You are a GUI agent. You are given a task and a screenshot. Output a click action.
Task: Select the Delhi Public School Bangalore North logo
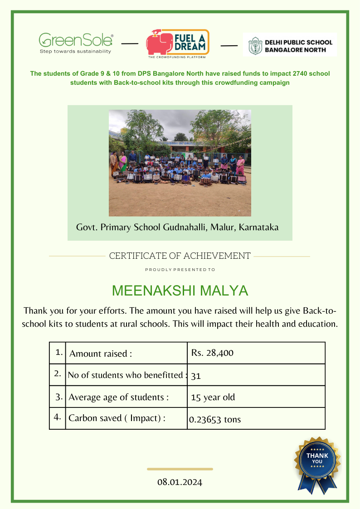pyautogui.click(x=290, y=45)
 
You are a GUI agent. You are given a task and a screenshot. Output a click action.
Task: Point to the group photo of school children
pyautogui.click(x=180, y=162)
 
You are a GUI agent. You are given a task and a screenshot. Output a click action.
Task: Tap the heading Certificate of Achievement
pyautogui.click(x=180, y=256)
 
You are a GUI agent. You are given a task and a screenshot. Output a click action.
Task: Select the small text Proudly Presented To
pyautogui.click(x=180, y=270)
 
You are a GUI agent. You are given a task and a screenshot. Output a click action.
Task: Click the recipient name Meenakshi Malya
pyautogui.click(x=180, y=291)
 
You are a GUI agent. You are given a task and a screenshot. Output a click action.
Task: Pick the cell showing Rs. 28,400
pyautogui.click(x=212, y=353)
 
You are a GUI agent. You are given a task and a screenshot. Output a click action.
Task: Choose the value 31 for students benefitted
pyautogui.click(x=196, y=376)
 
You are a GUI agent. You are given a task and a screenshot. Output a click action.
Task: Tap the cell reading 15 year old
pyautogui.click(x=213, y=398)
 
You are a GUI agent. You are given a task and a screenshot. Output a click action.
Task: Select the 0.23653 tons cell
pyautogui.click(x=215, y=420)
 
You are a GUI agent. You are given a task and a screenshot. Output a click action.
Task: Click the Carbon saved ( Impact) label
pyautogui.click(x=117, y=418)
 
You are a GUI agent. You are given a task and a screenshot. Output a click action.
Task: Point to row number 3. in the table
pyautogui.click(x=59, y=397)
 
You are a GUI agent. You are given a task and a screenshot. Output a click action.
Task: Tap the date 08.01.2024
pyautogui.click(x=180, y=482)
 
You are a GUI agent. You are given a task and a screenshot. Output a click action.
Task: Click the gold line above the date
pyautogui.click(x=180, y=469)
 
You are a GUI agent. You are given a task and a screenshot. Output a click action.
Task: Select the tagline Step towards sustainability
pyautogui.click(x=75, y=51)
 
